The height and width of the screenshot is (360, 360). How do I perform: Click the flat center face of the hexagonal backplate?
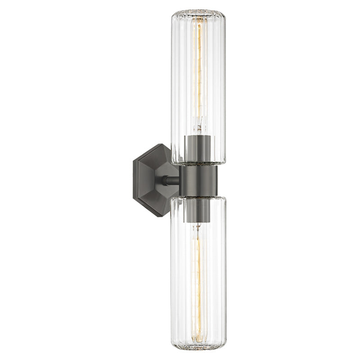151,180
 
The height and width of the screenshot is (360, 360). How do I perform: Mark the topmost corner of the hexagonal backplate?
160,144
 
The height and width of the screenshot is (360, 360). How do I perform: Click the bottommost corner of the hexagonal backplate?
160,216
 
